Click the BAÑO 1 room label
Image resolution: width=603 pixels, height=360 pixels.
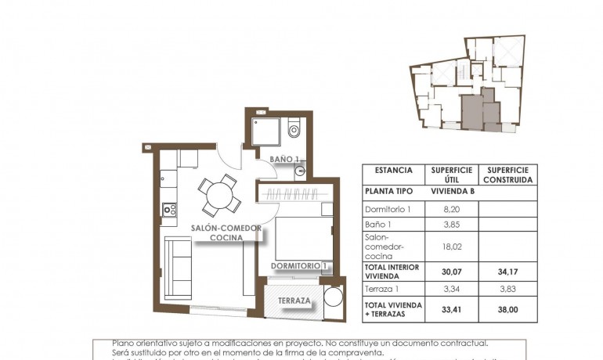[x=285, y=160]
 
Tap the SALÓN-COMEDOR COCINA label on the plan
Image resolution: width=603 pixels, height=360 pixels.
[x=226, y=232]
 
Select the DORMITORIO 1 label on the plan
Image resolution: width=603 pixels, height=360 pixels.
[x=298, y=267]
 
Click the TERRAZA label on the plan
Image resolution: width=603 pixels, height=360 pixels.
[x=294, y=301]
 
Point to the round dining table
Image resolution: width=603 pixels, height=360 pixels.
[x=218, y=195]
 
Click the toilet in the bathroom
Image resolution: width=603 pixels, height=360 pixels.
[x=294, y=128]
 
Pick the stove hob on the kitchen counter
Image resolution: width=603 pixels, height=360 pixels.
[x=168, y=209]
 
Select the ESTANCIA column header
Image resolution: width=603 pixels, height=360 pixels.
[x=393, y=170]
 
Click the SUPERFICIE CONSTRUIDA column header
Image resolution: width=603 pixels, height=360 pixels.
[x=507, y=175]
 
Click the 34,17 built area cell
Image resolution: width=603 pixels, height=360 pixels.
[x=507, y=272]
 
